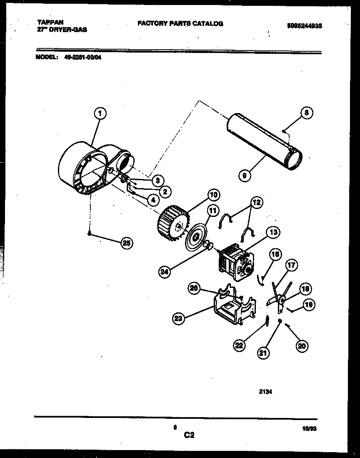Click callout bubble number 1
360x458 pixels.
click(99, 113)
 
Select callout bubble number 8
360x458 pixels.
click(306, 113)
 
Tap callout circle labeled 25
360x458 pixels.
click(126, 243)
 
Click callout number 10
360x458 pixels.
click(213, 194)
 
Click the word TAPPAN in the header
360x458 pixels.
click(48, 23)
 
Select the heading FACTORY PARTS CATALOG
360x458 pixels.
click(180, 24)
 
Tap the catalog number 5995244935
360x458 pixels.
click(305, 26)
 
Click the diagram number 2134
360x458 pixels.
click(266, 392)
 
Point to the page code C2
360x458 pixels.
click(189, 435)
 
